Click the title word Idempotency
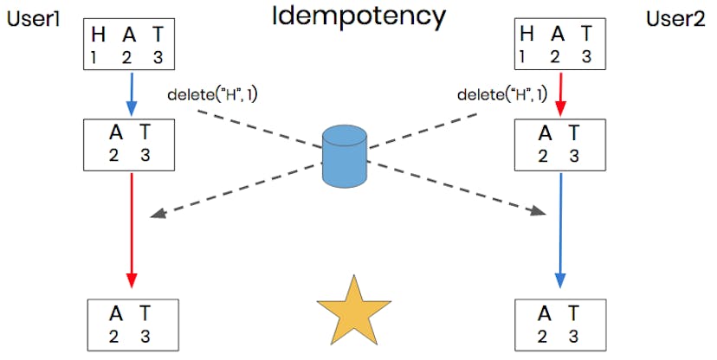click(x=358, y=16)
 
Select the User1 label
click(x=34, y=18)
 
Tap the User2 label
click(x=676, y=18)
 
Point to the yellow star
click(x=353, y=310)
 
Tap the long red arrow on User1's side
click(x=131, y=229)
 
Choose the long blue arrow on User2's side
click(x=560, y=229)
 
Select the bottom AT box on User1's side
click(x=133, y=325)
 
